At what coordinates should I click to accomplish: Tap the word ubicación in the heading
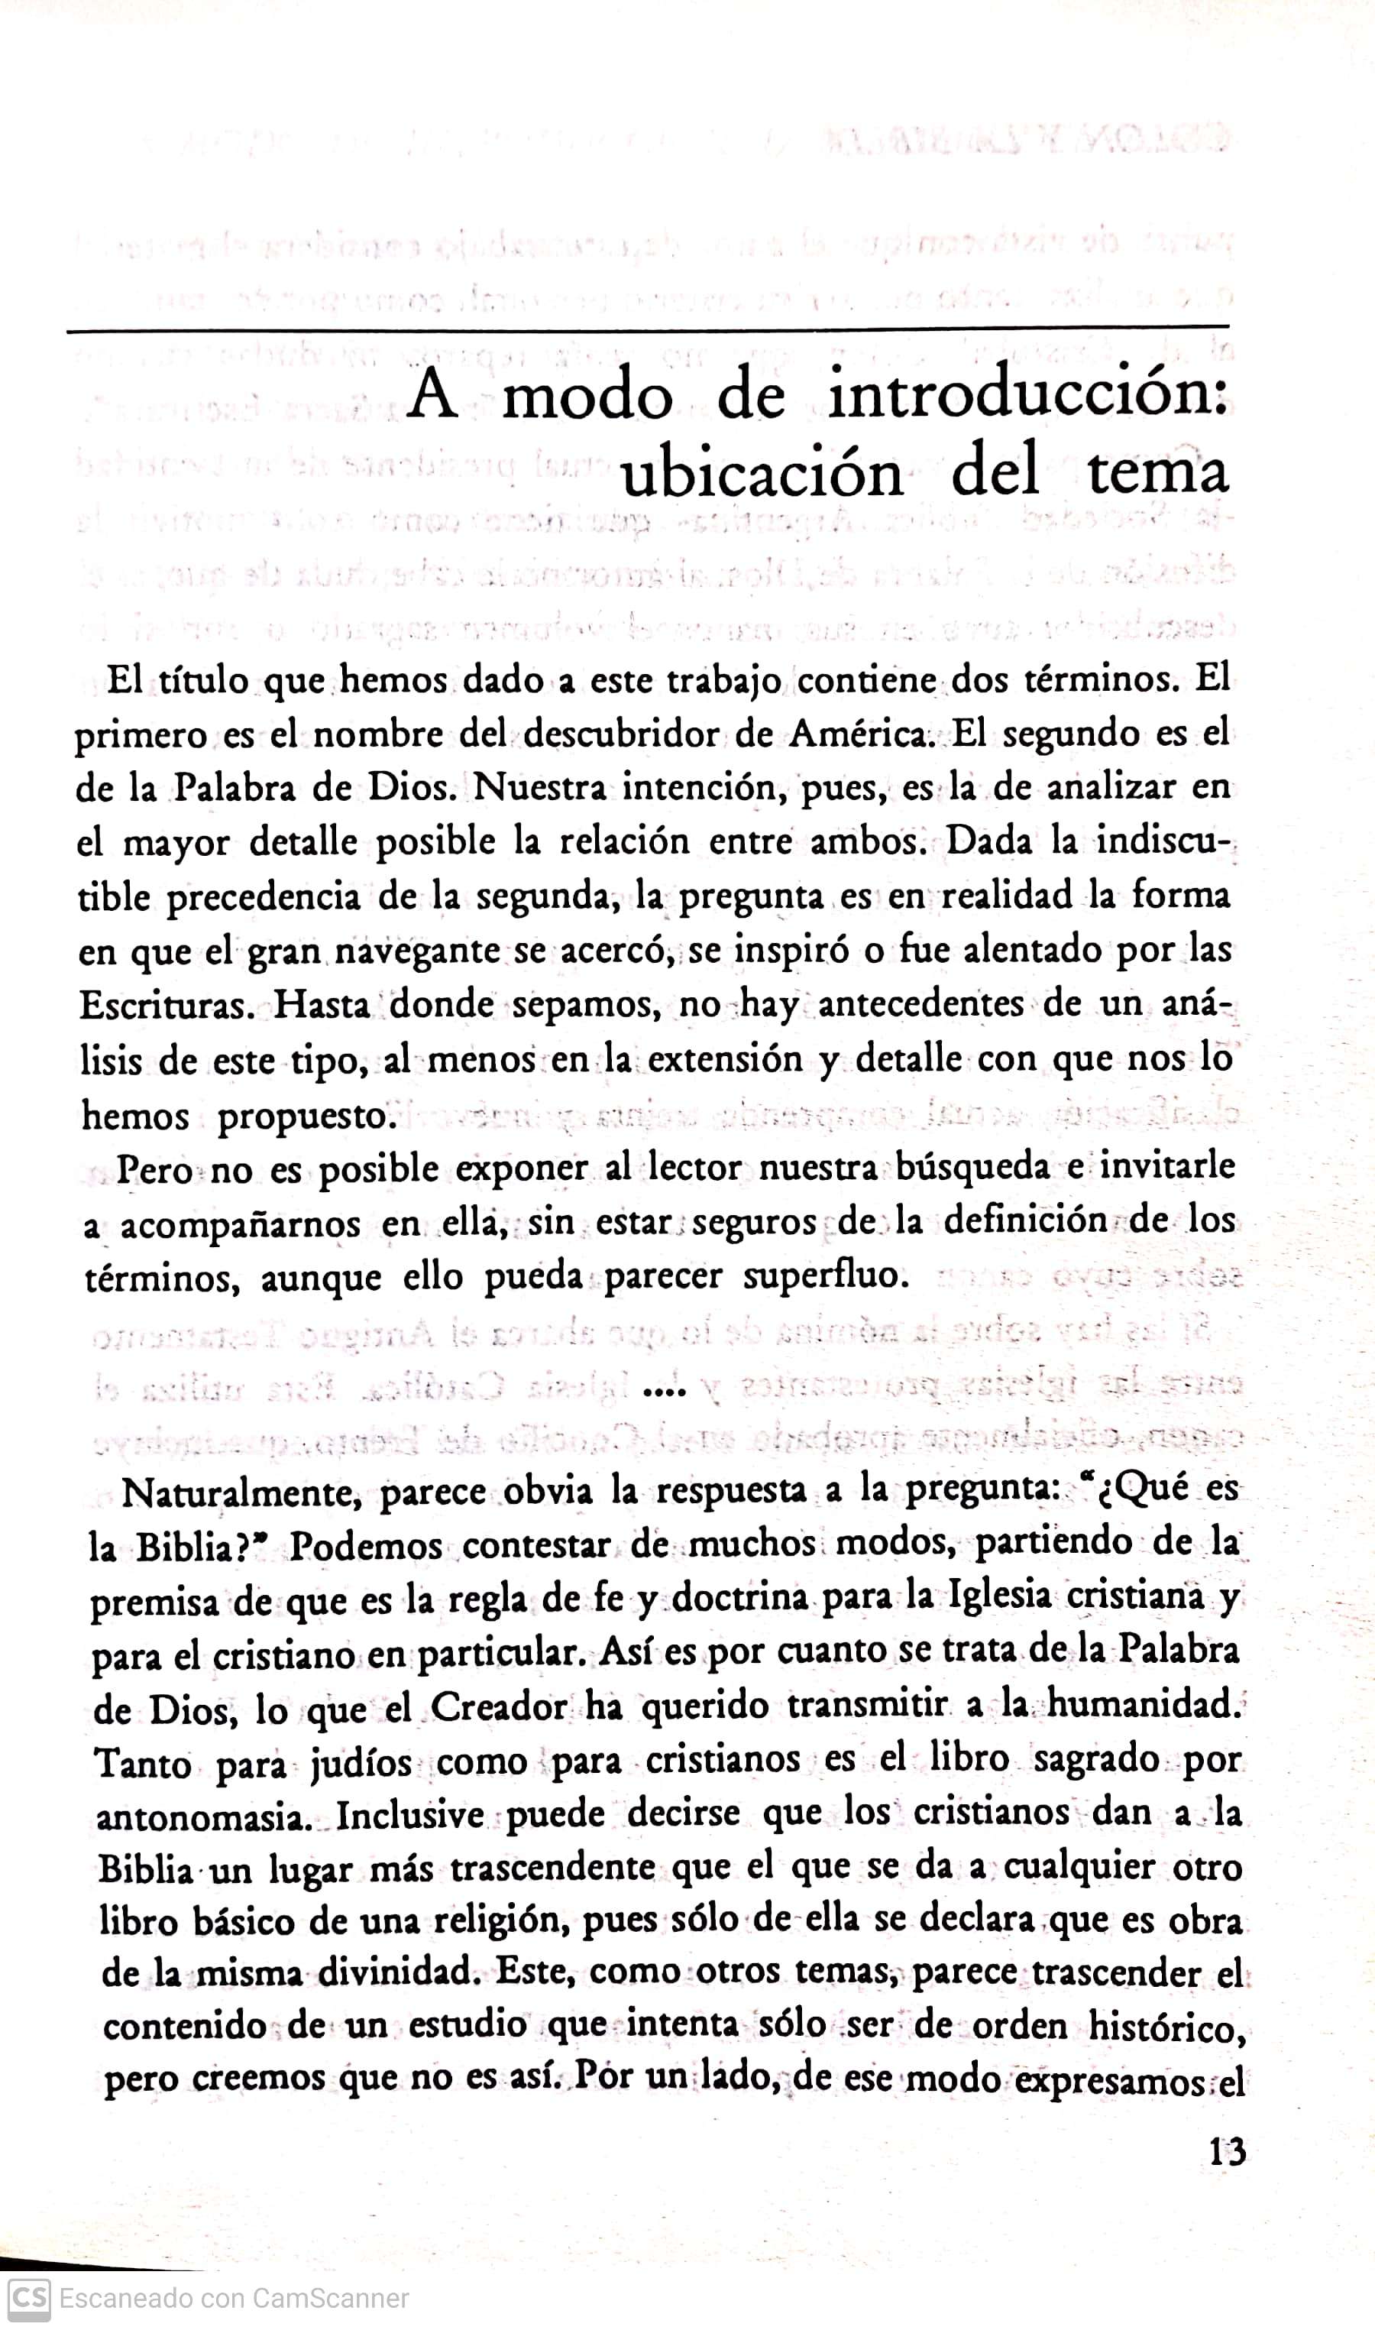pyautogui.click(x=761, y=474)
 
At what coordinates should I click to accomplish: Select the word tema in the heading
pyautogui.click(x=1157, y=473)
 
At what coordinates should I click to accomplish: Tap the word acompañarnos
pyautogui.click(x=240, y=1225)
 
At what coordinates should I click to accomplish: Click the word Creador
pyautogui.click(x=499, y=1707)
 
